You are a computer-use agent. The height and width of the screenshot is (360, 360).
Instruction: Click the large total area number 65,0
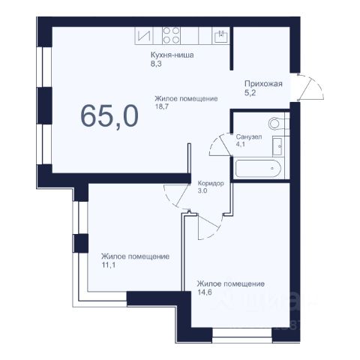tap(109, 115)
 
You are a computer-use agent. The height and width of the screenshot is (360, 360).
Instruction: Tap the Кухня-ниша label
tap(172, 55)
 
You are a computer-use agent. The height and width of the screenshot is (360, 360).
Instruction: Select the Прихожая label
tap(263, 83)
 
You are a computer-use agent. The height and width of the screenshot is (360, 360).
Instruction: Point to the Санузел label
tap(249, 136)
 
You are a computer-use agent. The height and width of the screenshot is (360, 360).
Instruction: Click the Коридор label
tap(211, 184)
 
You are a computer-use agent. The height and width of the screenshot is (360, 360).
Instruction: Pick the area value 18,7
tap(162, 106)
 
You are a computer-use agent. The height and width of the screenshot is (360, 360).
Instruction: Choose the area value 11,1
tap(108, 265)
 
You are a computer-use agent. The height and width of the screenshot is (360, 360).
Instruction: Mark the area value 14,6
tap(204, 292)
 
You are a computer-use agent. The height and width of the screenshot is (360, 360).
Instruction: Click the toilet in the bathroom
tap(278, 123)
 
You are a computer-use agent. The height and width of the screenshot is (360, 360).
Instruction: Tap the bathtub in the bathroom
tap(258, 168)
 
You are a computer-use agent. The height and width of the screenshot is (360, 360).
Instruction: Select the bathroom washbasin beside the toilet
tap(278, 146)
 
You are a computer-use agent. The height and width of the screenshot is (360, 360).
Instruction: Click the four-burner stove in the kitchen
tap(171, 36)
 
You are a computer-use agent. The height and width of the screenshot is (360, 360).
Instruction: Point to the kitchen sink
tap(221, 36)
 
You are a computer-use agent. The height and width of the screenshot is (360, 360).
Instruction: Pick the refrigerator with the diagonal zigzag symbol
tap(144, 36)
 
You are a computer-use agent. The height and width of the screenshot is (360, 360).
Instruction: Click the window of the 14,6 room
tap(242, 335)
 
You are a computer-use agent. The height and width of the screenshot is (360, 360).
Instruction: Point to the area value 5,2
tap(250, 93)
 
